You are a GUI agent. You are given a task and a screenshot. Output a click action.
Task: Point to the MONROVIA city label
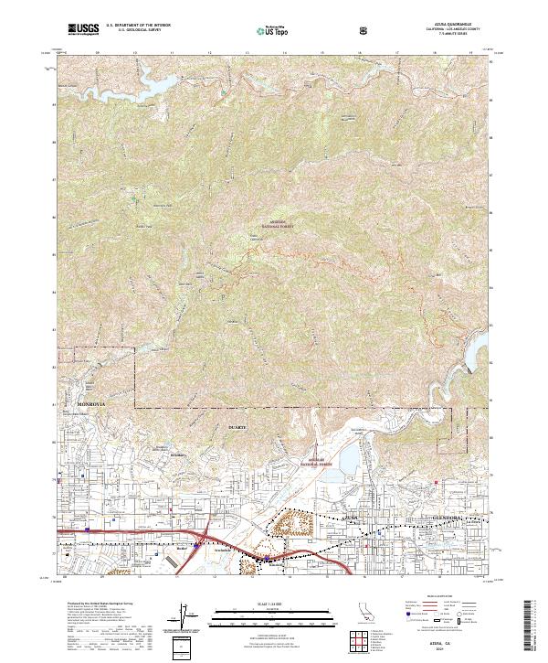[x=91, y=402]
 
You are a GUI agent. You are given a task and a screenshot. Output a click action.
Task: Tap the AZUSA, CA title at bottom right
[x=448, y=647]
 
